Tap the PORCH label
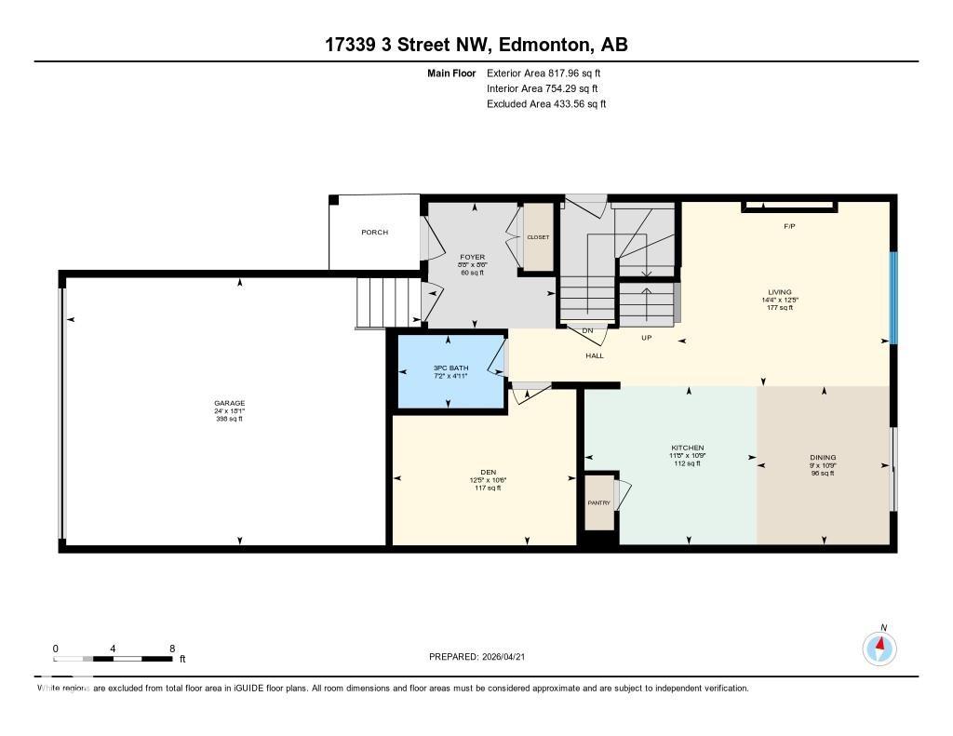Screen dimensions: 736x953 tap(375, 233)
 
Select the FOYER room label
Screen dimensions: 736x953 tap(472, 257)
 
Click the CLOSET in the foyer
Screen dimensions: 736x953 tap(538, 237)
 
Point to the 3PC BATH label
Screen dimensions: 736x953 tap(450, 368)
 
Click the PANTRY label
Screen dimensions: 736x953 tap(598, 503)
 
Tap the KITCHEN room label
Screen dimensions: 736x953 tap(688, 448)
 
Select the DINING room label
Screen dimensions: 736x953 tap(823, 457)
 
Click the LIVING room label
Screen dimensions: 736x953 tap(779, 292)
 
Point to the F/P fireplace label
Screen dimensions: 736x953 tap(789, 226)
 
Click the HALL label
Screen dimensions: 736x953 tap(595, 355)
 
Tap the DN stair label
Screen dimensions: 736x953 tap(587, 330)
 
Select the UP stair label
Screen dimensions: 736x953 tap(646, 338)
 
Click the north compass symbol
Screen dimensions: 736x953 tap(879, 647)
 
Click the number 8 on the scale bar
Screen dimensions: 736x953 tap(172, 648)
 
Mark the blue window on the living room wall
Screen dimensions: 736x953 tap(893, 298)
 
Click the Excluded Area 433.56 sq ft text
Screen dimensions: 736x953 tap(546, 104)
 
